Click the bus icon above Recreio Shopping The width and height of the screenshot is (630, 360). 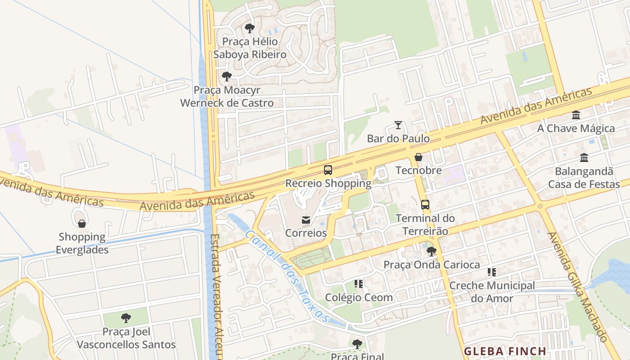click(x=328, y=170)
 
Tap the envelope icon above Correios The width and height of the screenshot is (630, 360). click(x=306, y=220)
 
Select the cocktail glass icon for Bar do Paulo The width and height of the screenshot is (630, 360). click(x=398, y=125)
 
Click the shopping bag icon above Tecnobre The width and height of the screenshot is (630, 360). click(x=418, y=157)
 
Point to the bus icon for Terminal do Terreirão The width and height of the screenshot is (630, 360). click(x=425, y=205)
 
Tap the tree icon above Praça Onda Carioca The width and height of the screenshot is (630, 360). click(x=431, y=252)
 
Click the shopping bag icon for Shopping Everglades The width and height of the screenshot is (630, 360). click(x=82, y=224)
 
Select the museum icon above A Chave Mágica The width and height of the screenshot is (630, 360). click(x=576, y=115)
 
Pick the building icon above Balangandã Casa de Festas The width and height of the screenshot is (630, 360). click(x=584, y=158)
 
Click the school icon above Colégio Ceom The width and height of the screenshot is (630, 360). click(x=359, y=284)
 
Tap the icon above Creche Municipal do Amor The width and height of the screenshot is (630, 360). click(x=492, y=272)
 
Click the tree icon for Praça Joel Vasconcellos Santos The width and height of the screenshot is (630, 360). click(x=126, y=318)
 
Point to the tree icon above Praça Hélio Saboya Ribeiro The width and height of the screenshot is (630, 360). click(x=249, y=28)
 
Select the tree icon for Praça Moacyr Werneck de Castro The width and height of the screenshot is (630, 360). click(x=227, y=76)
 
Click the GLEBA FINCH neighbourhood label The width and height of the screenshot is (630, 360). click(x=505, y=351)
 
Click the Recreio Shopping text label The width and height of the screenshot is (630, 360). click(x=328, y=184)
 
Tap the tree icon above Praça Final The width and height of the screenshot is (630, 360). click(x=357, y=344)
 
